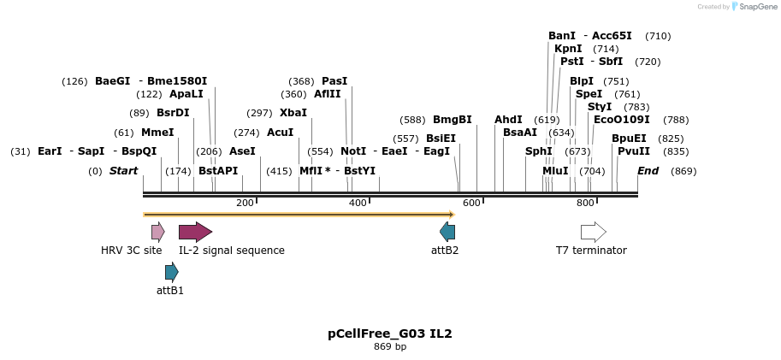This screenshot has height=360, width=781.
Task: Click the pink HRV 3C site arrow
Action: click(157, 232)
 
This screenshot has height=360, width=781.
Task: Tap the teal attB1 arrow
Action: click(171, 273)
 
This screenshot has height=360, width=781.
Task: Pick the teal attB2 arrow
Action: click(447, 232)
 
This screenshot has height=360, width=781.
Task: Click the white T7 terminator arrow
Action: click(593, 232)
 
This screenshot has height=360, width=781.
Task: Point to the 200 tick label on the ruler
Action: click(245, 203)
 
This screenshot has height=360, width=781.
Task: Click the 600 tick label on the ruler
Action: click(471, 203)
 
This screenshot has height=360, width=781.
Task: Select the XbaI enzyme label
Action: click(293, 113)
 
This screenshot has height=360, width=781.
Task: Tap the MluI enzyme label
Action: click(555, 171)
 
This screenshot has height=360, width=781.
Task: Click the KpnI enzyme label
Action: click(568, 49)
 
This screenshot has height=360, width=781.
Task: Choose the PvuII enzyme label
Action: click(634, 151)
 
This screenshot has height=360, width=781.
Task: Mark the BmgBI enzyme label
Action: click(453, 120)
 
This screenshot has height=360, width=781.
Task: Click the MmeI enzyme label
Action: click(157, 133)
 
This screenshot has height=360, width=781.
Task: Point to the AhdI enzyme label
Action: click(508, 120)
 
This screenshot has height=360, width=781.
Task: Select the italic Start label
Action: click(123, 171)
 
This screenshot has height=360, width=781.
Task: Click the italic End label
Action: click(648, 171)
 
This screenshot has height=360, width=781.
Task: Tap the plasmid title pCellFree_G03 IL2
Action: click(390, 333)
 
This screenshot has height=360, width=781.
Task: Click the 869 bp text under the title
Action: click(390, 347)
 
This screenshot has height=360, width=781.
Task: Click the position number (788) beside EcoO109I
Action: click(676, 120)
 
